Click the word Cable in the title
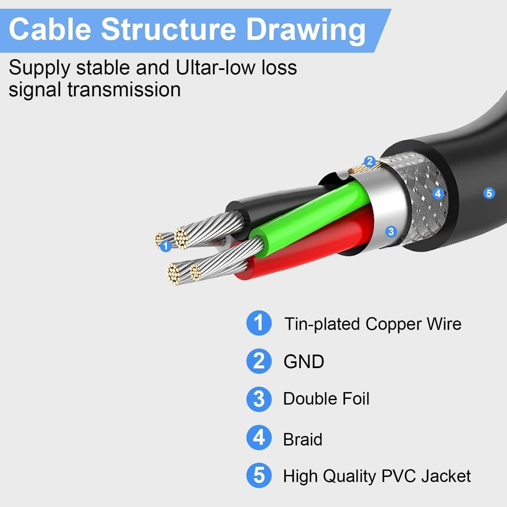click(x=50, y=29)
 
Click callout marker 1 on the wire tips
click(x=165, y=246)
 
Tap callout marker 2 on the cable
click(x=370, y=161)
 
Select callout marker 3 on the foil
click(x=391, y=232)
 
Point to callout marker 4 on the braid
click(x=438, y=193)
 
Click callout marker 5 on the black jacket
click(x=489, y=193)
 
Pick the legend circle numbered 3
click(x=259, y=399)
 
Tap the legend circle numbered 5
click(x=259, y=476)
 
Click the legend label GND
click(x=304, y=362)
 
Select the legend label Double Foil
click(x=326, y=399)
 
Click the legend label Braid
click(x=303, y=439)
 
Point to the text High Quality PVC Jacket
click(x=377, y=476)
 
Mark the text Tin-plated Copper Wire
click(x=372, y=324)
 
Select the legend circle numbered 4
click(x=259, y=437)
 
